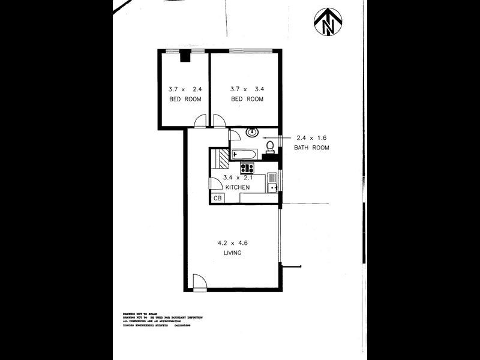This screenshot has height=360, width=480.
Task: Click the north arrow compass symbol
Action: coord(327,22)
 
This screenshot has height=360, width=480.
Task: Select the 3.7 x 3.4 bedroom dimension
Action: coord(247,89)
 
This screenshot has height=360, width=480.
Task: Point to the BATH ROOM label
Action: coord(311,148)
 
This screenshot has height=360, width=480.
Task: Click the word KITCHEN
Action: coord(237,187)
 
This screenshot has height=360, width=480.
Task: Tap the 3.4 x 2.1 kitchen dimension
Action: coord(237,178)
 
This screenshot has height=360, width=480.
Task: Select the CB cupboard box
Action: coord(217,199)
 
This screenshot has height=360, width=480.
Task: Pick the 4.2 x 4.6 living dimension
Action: coord(233,243)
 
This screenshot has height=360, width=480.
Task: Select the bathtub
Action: coord(245,155)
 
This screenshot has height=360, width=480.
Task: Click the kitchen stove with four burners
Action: coord(247,168)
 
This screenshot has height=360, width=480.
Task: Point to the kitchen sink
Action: coord(272,187)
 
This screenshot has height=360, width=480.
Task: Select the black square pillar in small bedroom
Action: coord(186,58)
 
